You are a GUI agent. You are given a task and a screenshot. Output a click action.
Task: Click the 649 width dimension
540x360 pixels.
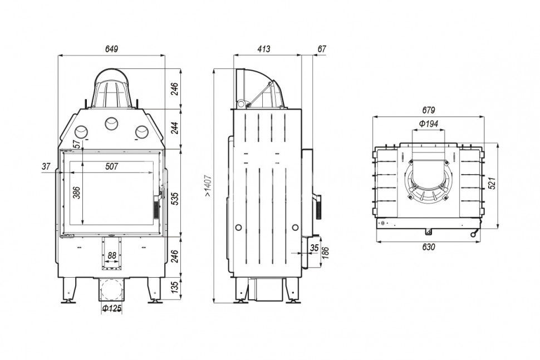[x=111, y=49]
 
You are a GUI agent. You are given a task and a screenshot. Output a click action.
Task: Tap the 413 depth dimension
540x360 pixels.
[x=264, y=49]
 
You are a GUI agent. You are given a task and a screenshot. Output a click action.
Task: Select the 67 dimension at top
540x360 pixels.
[x=322, y=49]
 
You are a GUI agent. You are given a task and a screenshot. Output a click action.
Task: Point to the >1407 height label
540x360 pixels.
[x=208, y=185]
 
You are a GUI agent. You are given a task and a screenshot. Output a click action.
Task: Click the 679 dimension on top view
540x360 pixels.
[x=428, y=110]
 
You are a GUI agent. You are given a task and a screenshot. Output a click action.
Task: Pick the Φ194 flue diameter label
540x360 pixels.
[x=429, y=124]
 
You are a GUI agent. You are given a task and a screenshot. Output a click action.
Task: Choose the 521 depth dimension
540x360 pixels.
[x=493, y=183]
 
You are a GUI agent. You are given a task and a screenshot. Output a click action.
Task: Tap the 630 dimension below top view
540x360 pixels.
[x=428, y=246]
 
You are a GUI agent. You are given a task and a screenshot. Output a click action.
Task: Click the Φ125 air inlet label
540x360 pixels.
[x=111, y=308]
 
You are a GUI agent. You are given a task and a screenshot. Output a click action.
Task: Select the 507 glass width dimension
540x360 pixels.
[x=111, y=166]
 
